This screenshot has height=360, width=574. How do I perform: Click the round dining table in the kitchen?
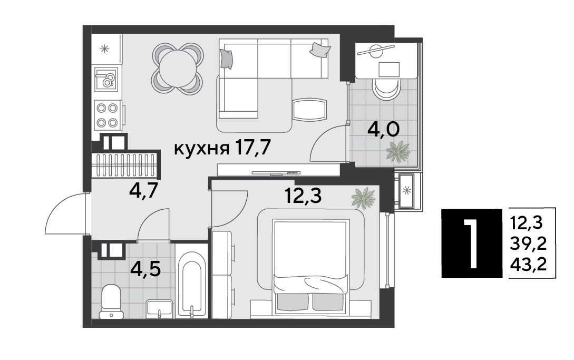tap(177, 69)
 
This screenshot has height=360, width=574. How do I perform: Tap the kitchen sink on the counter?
tap(106, 79)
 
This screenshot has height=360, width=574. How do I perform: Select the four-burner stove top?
tap(107, 115)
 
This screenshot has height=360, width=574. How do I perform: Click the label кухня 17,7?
tap(222, 148)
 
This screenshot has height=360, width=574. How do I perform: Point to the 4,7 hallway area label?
tap(143, 190)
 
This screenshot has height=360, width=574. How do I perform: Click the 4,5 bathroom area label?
tap(145, 269)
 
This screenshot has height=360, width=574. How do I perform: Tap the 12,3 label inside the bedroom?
tap(303, 196)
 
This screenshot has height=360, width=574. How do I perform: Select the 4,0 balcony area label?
tap(383, 130)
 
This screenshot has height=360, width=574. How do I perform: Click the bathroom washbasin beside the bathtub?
tap(159, 308)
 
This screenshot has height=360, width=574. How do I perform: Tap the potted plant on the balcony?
tap(398, 151)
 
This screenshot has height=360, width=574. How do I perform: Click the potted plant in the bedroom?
tap(363, 198)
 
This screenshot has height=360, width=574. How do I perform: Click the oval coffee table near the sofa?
tap(309, 110)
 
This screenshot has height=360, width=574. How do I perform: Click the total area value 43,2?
tap(528, 264)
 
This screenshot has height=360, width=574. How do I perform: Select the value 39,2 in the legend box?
tap(528, 243)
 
